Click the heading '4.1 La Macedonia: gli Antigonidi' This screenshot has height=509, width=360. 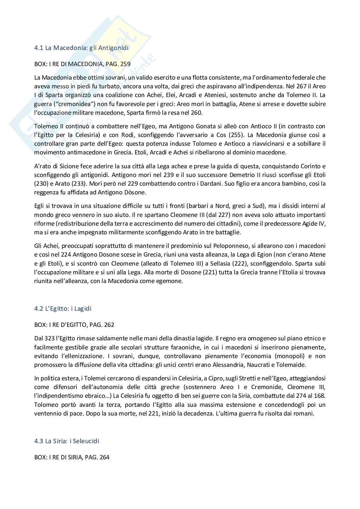point(81,48)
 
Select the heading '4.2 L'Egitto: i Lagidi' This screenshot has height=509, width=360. point(63,308)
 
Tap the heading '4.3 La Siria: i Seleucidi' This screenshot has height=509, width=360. point(66,441)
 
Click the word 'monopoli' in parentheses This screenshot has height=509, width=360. point(290,356)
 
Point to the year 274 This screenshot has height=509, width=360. point(293,395)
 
